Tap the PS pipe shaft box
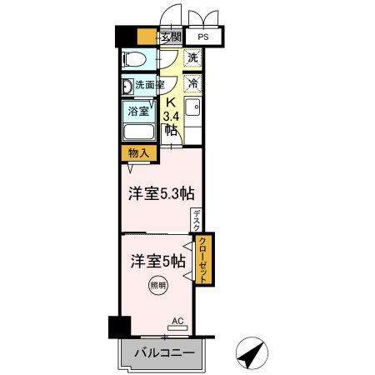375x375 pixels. pos(203,37)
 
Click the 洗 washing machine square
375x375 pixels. pos(192,58)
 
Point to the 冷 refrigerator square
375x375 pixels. pos(192,83)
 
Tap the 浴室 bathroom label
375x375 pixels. pos(138,110)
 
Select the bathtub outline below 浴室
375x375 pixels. pos(138,132)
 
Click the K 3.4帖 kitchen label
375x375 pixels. pos(170,115)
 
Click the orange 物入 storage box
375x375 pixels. pos(138,153)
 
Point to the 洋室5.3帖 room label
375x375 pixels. pos(162,193)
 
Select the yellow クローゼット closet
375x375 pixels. pos(202,260)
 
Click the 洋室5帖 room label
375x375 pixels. pos(157,260)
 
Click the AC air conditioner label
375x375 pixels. pos(177,321)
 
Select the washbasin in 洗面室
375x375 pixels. pos(127,85)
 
